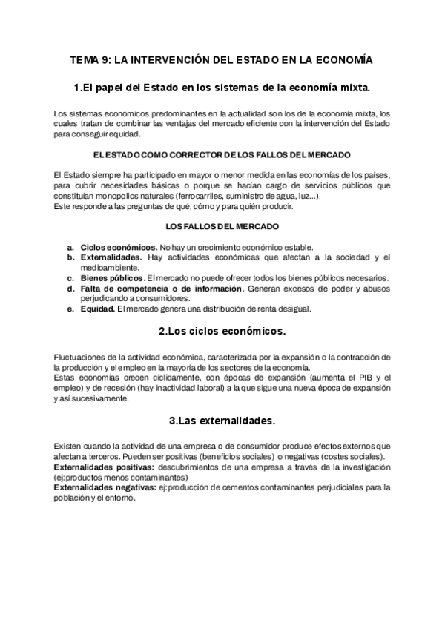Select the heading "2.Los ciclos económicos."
click(222, 329)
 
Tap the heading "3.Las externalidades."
click(222, 421)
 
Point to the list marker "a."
click(70, 246)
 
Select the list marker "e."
click(70, 309)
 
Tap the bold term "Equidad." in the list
click(97, 309)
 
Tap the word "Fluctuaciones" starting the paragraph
click(79, 357)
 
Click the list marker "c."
click(70, 277)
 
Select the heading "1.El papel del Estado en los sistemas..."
click(222, 88)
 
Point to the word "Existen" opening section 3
click(68, 445)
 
